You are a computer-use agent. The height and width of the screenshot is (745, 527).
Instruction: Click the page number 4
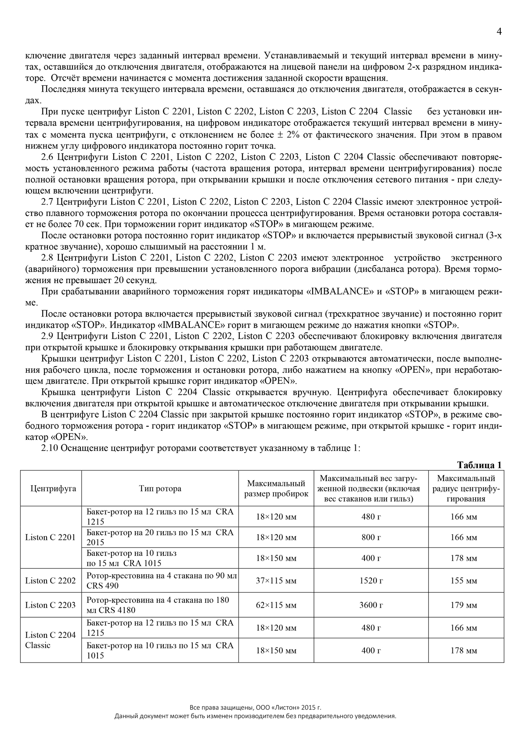coord(499,32)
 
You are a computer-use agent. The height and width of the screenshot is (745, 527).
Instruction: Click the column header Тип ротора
coord(160,489)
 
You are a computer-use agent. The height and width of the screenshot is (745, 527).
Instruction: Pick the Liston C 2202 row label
coord(51,581)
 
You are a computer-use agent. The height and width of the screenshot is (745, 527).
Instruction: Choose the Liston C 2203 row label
coord(51,605)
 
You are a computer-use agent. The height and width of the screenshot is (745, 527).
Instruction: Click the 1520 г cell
coord(371,581)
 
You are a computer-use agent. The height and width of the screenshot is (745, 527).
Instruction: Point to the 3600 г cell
coord(371,605)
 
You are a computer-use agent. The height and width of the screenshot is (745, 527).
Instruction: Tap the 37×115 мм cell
coord(276,581)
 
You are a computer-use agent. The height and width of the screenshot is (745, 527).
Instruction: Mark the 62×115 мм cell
coord(276,605)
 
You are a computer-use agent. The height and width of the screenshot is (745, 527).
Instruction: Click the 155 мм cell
coord(464,581)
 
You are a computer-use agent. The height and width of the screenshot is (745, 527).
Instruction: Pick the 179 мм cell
coord(464,605)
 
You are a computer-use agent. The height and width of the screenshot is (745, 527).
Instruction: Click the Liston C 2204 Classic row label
coord(51,640)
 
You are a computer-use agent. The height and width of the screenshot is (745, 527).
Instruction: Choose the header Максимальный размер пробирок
coord(276,489)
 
